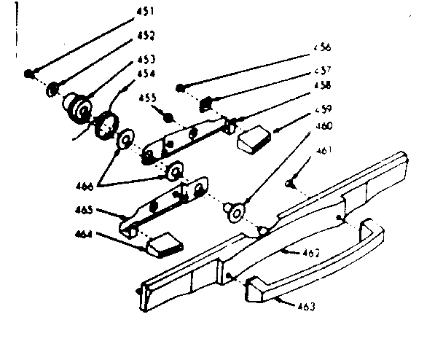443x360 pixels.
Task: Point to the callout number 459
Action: point(324,109)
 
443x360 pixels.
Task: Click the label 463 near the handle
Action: point(306,307)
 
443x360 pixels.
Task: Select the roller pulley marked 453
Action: point(76,105)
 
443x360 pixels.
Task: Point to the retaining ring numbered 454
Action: point(106,121)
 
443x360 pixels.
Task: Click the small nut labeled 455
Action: point(168,117)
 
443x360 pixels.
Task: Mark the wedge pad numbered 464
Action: point(164,243)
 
